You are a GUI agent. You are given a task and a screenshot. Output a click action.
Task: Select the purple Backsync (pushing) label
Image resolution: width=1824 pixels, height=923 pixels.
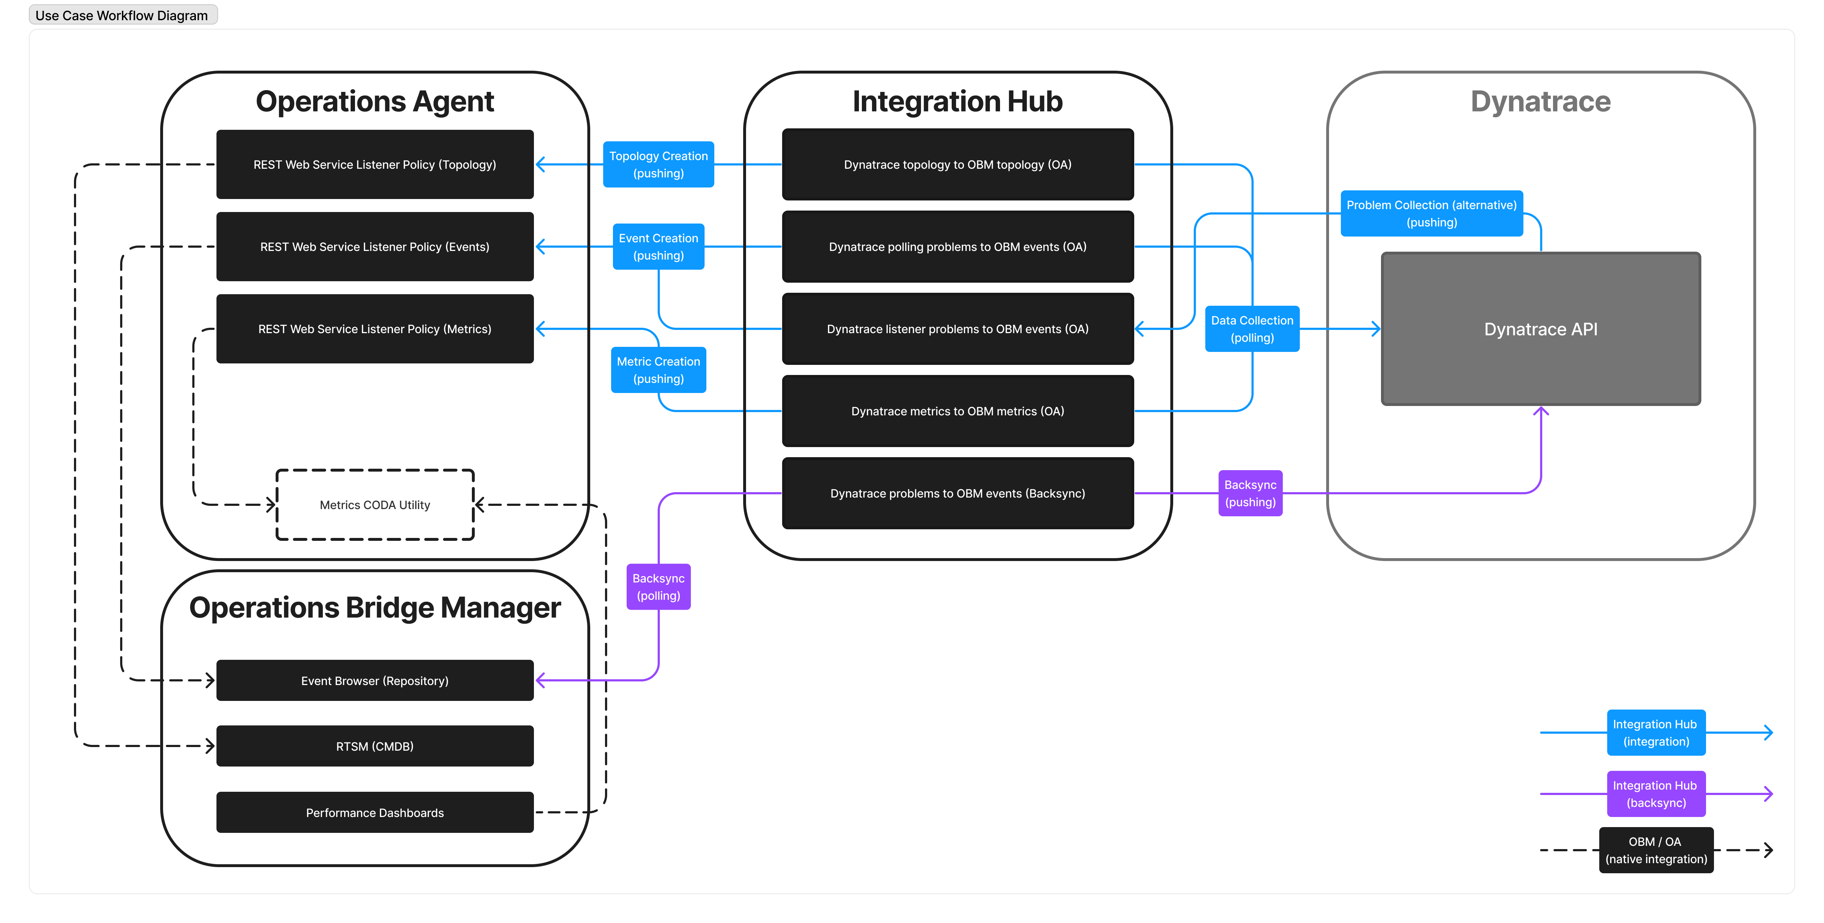point(1250,493)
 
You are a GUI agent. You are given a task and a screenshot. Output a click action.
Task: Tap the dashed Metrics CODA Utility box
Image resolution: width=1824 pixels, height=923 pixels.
point(374,505)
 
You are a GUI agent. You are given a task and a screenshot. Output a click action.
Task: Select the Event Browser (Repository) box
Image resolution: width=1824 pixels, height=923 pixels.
point(374,680)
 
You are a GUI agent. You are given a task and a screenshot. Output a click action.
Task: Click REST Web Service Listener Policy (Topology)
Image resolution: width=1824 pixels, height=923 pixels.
point(374,164)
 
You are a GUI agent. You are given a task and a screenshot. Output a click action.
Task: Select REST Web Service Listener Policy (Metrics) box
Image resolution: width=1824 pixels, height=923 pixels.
point(374,328)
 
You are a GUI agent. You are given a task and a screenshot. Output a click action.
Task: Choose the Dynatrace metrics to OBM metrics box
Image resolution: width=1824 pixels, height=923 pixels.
point(957,411)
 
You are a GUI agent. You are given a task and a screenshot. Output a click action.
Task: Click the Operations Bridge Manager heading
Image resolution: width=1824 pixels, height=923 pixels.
point(374,607)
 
